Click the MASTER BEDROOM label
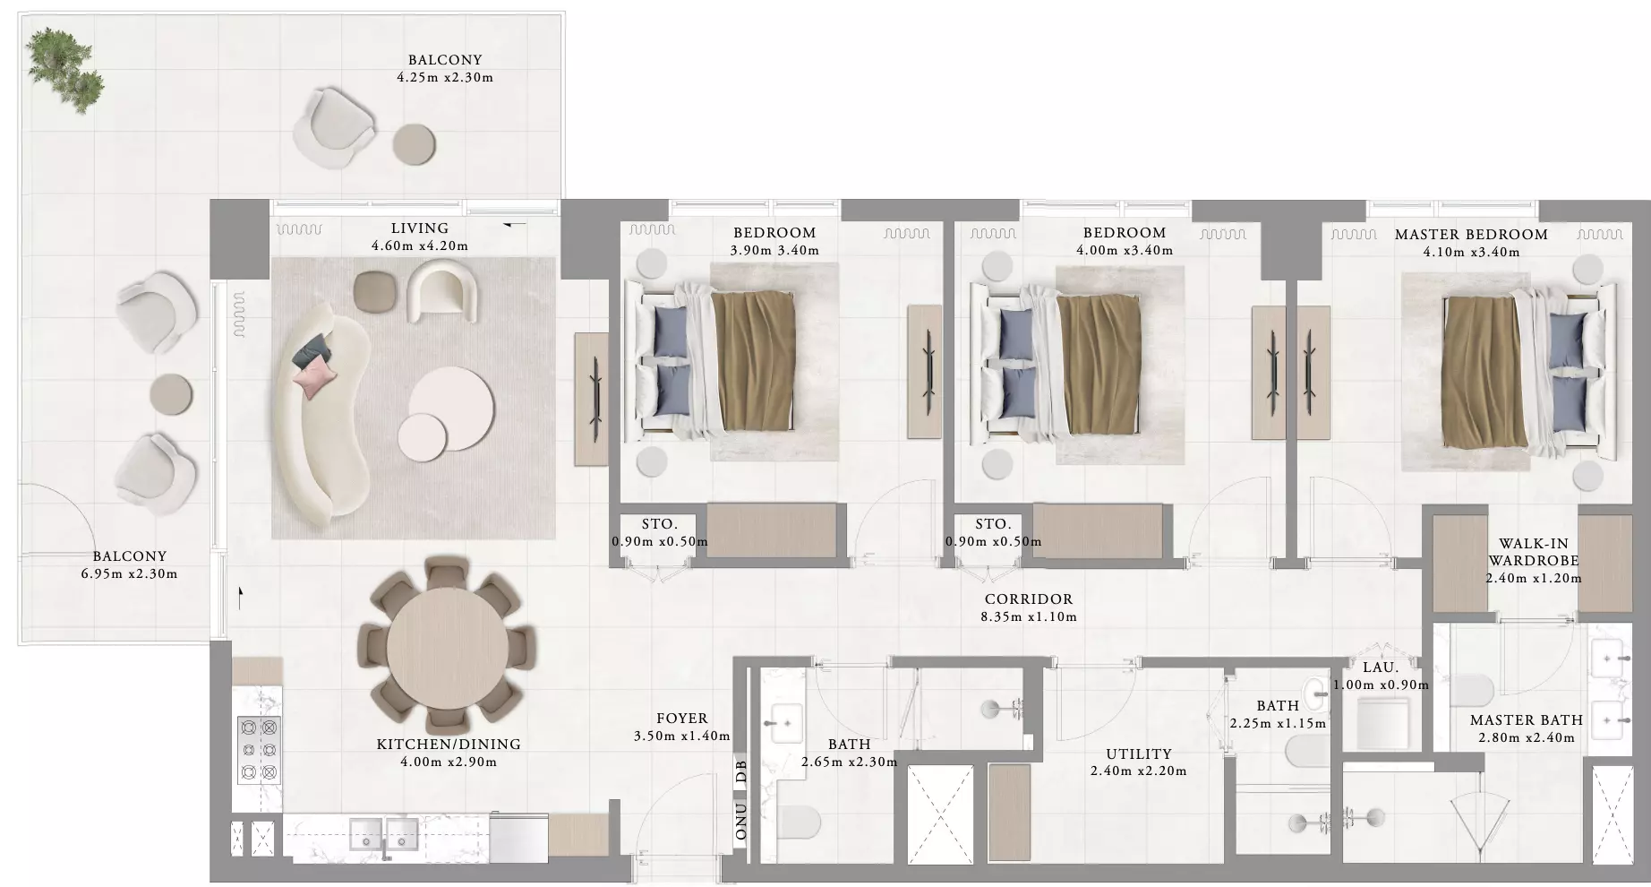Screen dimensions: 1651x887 tap(1471, 235)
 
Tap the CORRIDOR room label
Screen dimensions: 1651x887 tap(1029, 599)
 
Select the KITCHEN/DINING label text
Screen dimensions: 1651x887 tap(449, 745)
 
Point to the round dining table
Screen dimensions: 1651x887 tap(447, 644)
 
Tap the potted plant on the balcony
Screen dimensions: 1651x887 tap(64, 70)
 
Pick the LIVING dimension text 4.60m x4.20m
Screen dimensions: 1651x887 tap(420, 245)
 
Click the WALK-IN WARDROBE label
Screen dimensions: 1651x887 tap(1534, 552)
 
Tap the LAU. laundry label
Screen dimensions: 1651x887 tap(1381, 667)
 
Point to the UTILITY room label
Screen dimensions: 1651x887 tap(1139, 754)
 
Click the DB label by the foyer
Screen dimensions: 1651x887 tap(740, 772)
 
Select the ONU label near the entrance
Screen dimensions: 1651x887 tap(740, 822)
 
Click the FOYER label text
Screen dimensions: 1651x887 tap(682, 719)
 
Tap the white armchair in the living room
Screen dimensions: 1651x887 tap(440, 289)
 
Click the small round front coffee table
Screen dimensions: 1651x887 tap(423, 436)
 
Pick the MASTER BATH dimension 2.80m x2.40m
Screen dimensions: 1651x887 tap(1527, 738)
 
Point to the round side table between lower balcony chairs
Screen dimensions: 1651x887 tap(171, 394)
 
